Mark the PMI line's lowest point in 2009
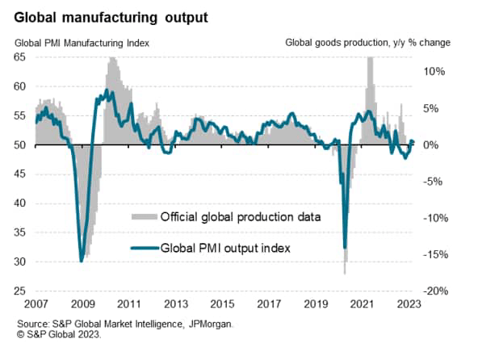tap(82, 261)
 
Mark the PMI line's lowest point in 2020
tap(345, 248)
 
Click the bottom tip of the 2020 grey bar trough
tap(345, 274)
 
